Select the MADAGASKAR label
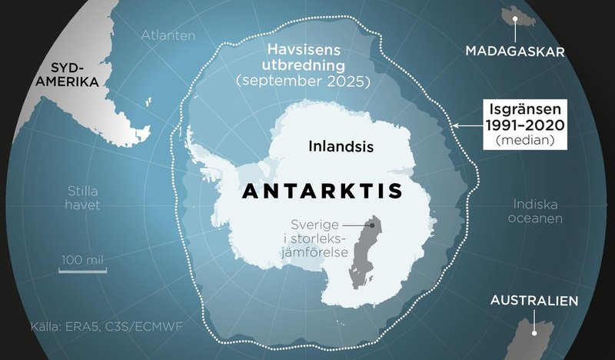(x=515, y=52)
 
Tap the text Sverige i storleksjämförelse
(x=318, y=238)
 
